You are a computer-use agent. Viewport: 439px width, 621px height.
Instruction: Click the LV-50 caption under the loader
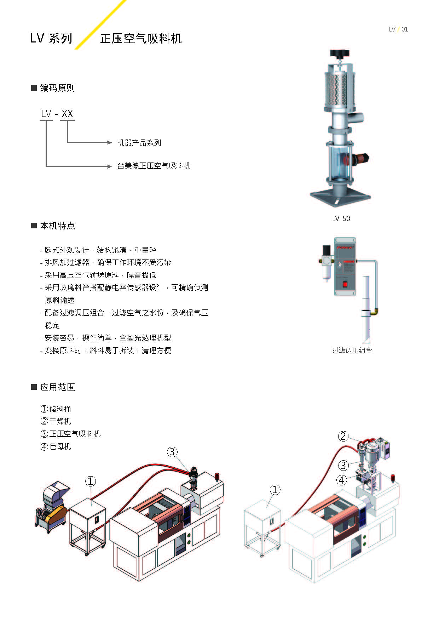[341, 218]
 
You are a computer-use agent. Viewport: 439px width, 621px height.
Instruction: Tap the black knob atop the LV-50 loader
[340, 54]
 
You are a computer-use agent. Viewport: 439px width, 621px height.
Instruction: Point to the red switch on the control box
[345, 284]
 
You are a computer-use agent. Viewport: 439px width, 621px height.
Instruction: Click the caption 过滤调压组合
[352, 351]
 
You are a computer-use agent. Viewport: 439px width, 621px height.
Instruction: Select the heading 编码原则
[57, 88]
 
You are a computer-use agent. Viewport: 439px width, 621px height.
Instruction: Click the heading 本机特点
[57, 226]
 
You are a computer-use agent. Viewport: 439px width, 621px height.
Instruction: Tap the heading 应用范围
[57, 387]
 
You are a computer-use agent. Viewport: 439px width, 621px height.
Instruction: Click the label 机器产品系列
[139, 143]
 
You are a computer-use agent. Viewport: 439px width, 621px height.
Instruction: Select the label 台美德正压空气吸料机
[154, 166]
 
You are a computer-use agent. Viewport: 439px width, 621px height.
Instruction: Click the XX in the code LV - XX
[67, 114]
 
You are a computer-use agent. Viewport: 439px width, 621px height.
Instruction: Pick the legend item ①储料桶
[56, 409]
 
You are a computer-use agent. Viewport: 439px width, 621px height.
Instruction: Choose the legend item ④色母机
[56, 446]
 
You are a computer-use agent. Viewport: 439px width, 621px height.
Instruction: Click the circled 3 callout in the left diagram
[172, 452]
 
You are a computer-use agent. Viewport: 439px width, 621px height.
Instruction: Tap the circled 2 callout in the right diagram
[343, 436]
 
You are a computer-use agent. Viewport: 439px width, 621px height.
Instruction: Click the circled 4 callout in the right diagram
[341, 480]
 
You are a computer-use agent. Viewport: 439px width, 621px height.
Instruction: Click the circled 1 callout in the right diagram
[275, 490]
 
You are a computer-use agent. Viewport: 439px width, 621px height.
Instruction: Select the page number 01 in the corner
[405, 29]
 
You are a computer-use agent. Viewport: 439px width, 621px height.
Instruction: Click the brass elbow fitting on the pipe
[374, 312]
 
